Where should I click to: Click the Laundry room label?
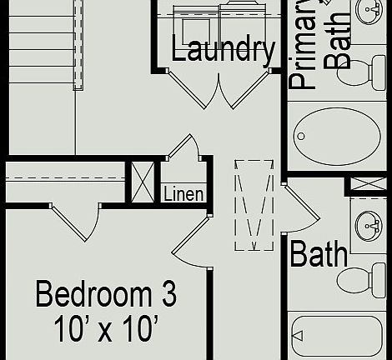click(223, 50)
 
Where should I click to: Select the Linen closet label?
click(183, 194)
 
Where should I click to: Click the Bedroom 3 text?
click(106, 294)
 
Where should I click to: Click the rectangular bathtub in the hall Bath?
click(338, 338)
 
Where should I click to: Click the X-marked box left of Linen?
click(141, 182)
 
